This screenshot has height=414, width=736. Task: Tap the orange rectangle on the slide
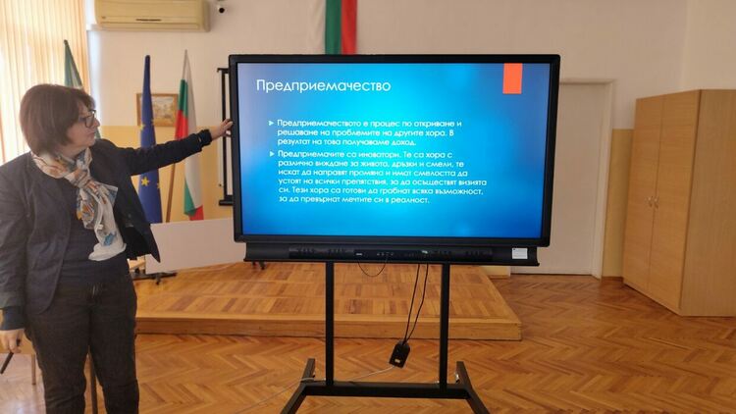pyautogui.click(x=512, y=78)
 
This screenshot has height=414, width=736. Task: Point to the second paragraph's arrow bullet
pyautogui.click(x=270, y=154)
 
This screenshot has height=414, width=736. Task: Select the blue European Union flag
pyautogui.click(x=149, y=157)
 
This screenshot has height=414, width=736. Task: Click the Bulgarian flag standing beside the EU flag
pyautogui.click(x=187, y=147)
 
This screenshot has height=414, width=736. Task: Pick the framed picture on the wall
pyautogui.click(x=158, y=109)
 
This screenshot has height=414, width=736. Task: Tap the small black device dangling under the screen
pyautogui.click(x=398, y=353)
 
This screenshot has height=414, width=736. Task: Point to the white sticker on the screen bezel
pyautogui.click(x=519, y=252)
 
